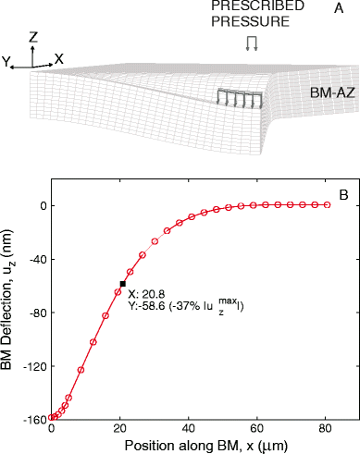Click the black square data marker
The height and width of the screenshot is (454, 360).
(x=122, y=284)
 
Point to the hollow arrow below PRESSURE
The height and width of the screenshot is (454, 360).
(x=250, y=43)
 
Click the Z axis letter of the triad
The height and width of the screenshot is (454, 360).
(x=33, y=37)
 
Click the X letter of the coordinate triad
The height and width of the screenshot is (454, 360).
(x=59, y=57)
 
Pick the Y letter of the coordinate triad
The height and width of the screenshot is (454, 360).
(x=8, y=63)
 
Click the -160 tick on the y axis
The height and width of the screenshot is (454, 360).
(x=35, y=419)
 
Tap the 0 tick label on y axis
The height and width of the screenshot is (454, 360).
(x=43, y=204)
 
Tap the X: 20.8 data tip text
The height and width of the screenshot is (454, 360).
(x=149, y=293)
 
